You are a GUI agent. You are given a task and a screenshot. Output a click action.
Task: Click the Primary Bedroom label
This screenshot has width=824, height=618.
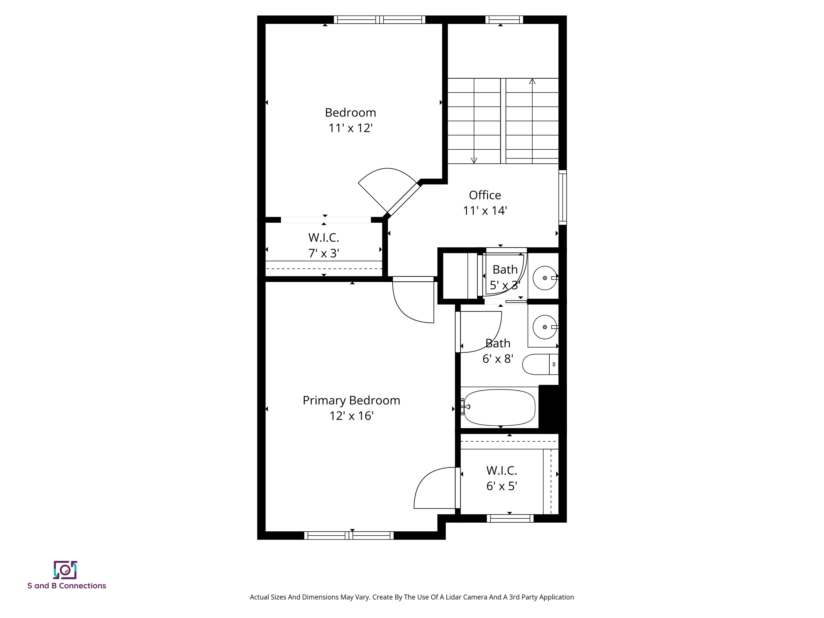pyautogui.click(x=351, y=400)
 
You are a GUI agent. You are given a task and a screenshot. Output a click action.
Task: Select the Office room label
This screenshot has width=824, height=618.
pyautogui.click(x=485, y=195)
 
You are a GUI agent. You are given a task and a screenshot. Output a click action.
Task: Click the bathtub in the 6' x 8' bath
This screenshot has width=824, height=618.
pyautogui.click(x=499, y=407)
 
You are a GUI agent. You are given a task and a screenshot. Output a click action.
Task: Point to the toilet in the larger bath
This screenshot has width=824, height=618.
pyautogui.click(x=539, y=364)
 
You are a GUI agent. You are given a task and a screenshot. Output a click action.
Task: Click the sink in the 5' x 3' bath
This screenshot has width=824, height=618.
pyautogui.click(x=545, y=278)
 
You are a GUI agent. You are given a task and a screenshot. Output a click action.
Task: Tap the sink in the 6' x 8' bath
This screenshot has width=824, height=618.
pyautogui.click(x=545, y=327)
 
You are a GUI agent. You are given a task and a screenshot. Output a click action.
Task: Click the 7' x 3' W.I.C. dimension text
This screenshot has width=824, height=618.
pyautogui.click(x=323, y=253)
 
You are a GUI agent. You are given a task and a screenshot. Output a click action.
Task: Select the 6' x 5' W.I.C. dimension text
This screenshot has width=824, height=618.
pyautogui.click(x=501, y=486)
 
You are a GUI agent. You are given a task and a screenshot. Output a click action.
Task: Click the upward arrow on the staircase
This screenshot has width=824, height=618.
pyautogui.click(x=532, y=81)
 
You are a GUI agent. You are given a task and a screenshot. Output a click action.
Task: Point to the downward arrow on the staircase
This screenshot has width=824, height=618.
pyautogui.click(x=474, y=161)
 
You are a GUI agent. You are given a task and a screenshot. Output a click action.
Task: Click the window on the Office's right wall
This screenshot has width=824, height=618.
pyautogui.click(x=562, y=197)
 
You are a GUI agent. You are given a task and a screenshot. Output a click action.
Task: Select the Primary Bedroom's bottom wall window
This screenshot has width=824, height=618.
pyautogui.click(x=349, y=536)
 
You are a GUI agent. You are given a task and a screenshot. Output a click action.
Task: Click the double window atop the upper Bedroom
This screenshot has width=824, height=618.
pyautogui.click(x=379, y=20)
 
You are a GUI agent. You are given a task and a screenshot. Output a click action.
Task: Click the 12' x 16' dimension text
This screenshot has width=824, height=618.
pyautogui.click(x=351, y=416)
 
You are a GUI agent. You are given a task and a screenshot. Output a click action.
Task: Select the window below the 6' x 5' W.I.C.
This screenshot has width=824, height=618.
pyautogui.click(x=510, y=518)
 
